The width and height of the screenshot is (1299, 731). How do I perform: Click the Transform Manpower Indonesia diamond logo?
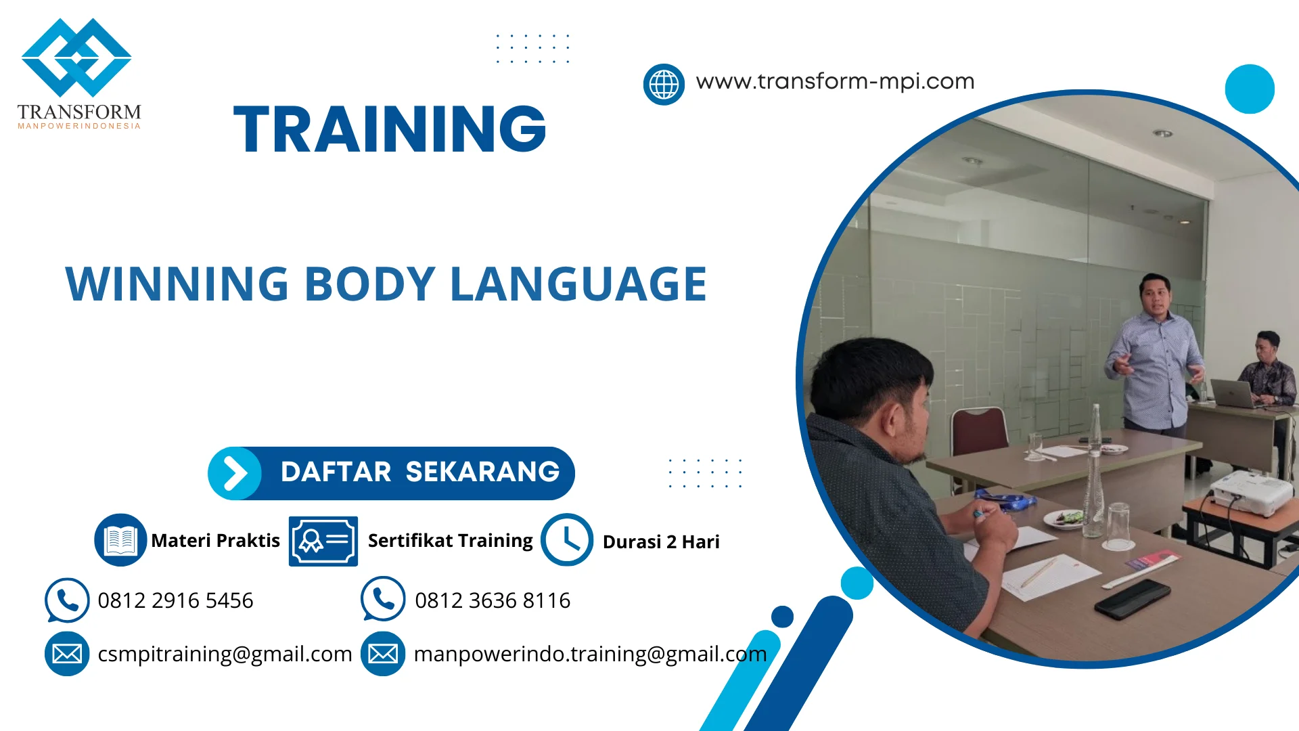(x=76, y=58)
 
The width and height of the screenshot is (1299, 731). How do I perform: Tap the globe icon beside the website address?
(x=664, y=85)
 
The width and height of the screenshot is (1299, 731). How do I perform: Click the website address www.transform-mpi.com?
(x=835, y=81)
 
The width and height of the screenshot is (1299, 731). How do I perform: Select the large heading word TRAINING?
(x=390, y=129)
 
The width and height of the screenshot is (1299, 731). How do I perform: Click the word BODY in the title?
(x=369, y=284)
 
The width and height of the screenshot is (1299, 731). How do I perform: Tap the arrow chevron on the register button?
(x=235, y=473)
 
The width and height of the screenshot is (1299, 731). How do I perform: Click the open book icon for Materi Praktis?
(x=120, y=540)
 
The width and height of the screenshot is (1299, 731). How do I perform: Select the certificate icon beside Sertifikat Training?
(x=323, y=541)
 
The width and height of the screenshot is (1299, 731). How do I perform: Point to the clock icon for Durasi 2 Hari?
(x=567, y=540)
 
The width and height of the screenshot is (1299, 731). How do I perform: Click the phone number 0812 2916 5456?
(x=175, y=600)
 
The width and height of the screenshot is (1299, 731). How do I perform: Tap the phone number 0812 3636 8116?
(x=493, y=600)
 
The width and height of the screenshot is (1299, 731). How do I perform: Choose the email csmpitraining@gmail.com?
(x=225, y=654)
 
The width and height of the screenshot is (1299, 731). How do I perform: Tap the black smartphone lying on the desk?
(x=1133, y=598)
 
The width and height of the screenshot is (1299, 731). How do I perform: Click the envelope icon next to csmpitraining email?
(x=67, y=654)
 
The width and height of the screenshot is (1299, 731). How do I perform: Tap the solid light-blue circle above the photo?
(x=1250, y=89)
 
